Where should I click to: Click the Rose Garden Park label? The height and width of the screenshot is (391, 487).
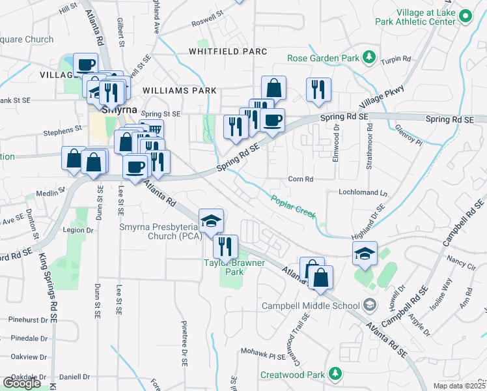click(x=324, y=58)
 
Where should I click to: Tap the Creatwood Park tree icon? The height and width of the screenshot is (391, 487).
click(x=335, y=374)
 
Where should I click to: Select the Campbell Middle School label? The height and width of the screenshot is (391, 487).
click(x=311, y=306)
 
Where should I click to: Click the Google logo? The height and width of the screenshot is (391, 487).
click(x=21, y=383)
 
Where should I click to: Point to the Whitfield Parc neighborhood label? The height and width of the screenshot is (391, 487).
click(x=228, y=51)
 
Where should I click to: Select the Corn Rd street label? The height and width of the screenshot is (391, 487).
click(x=301, y=179)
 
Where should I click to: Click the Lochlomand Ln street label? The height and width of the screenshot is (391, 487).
click(x=363, y=194)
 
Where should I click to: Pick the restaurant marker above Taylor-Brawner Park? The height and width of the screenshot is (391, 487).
click(x=225, y=246)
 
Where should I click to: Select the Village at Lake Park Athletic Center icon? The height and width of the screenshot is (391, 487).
click(x=465, y=16)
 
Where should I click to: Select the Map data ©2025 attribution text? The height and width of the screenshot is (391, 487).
click(x=459, y=386)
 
